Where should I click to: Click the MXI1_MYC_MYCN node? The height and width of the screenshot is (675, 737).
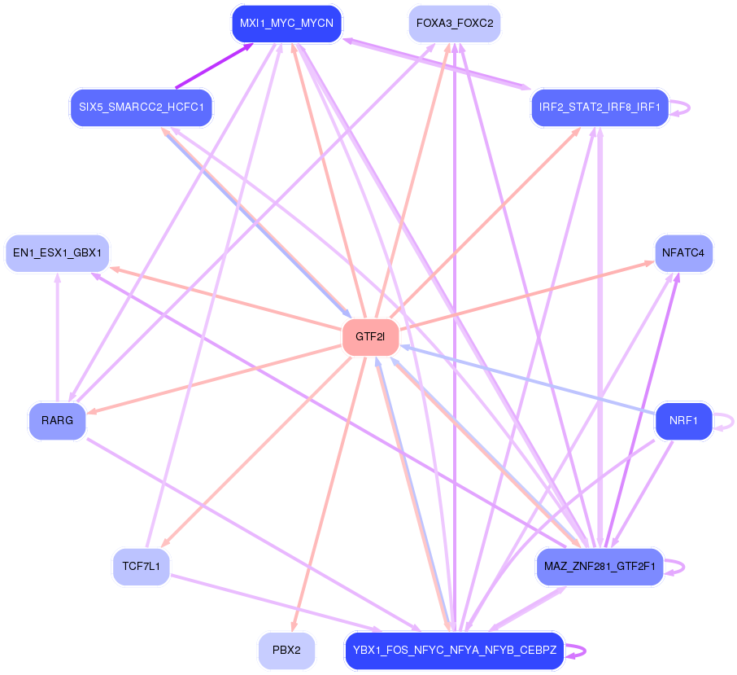(x=286, y=24)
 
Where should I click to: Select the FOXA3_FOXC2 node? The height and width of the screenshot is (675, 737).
(x=454, y=24)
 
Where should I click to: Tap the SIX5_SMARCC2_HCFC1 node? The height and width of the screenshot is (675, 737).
(x=141, y=107)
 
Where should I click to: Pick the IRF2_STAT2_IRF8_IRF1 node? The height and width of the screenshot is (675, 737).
(x=599, y=107)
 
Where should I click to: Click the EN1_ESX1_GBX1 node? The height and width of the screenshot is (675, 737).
(x=57, y=253)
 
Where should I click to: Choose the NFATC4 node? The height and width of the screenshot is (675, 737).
(x=683, y=252)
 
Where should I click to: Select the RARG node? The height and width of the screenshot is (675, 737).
(x=57, y=421)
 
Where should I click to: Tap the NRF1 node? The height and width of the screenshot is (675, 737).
(x=683, y=421)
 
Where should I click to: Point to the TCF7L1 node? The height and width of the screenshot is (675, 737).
(x=141, y=567)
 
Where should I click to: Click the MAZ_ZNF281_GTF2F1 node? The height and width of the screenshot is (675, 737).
(x=600, y=567)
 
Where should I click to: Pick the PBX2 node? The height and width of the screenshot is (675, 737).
(x=286, y=651)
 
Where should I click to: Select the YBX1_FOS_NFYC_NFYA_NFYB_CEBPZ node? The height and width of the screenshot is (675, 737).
(x=454, y=651)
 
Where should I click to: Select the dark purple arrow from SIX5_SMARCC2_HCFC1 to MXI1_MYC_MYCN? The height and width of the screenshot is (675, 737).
(x=213, y=66)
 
